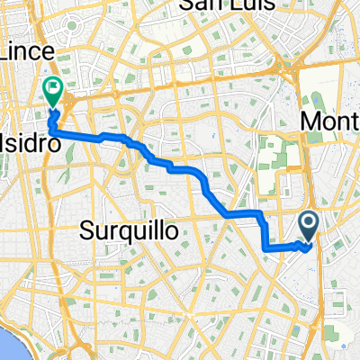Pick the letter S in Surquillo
86,230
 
